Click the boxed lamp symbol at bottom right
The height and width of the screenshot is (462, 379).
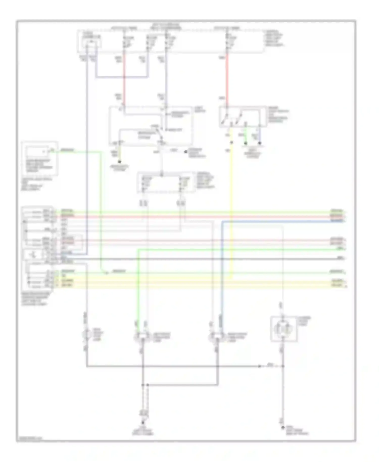[x=283, y=329]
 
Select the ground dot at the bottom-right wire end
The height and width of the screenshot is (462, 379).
[x=283, y=428]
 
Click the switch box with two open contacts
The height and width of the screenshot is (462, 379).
[x=242, y=117]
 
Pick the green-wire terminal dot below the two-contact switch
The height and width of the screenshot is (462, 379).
[x=245, y=144]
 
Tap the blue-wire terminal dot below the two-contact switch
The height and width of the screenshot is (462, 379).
[x=260, y=144]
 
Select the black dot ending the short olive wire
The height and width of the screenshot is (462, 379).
[x=120, y=162]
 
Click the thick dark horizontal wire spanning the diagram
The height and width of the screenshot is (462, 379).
[x=202, y=259]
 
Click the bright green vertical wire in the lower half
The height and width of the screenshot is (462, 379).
[x=138, y=286]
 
